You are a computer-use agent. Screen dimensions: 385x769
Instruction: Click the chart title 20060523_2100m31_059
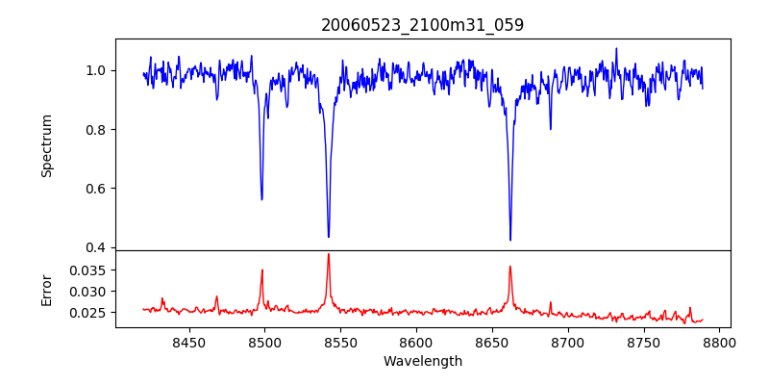(x=422, y=25)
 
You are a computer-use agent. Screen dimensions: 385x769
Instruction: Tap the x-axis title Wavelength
(x=422, y=361)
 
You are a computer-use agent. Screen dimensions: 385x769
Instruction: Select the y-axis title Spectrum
(x=46, y=145)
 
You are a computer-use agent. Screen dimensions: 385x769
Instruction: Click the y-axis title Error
(x=46, y=289)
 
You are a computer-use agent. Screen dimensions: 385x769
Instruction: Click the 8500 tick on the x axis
(x=264, y=342)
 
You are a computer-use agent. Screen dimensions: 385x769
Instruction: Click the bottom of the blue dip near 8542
(x=329, y=237)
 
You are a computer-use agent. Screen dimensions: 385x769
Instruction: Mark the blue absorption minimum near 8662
(x=510, y=240)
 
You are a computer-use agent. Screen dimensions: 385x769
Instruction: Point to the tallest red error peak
(x=329, y=254)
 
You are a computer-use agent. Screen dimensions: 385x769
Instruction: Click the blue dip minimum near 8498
(x=261, y=199)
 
